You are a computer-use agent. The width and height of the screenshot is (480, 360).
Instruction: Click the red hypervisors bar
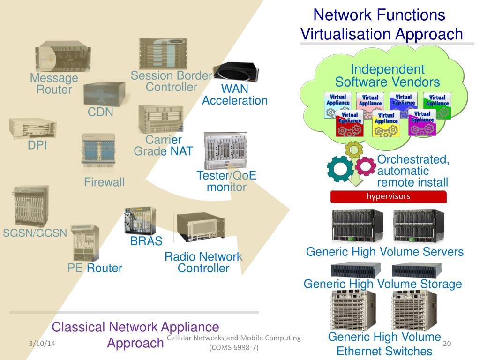coord(389,197)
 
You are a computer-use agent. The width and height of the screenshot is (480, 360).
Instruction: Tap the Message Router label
coord(54,84)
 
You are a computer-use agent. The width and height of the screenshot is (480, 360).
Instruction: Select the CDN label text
coord(100,112)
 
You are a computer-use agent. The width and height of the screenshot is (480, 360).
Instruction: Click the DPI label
coord(37,146)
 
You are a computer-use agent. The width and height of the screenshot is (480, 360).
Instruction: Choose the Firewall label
coord(104,182)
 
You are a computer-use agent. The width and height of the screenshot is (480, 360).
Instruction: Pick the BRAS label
coord(146,241)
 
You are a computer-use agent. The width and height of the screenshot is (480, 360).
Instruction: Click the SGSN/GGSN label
coord(35,233)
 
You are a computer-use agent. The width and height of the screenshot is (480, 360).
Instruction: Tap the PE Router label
coord(95,268)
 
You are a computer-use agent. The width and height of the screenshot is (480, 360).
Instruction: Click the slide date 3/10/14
coord(41,344)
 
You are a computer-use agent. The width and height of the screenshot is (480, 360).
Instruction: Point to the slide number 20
coord(447,344)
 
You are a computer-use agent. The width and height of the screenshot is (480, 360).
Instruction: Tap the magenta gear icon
coord(365,166)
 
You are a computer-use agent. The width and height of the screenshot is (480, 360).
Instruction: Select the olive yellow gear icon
coord(353,149)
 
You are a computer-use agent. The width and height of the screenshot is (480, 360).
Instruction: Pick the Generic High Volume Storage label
coord(382,284)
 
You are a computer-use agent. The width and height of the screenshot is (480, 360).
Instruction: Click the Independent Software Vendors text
coord(388,76)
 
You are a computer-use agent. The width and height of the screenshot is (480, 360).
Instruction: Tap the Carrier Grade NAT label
coord(163,145)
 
